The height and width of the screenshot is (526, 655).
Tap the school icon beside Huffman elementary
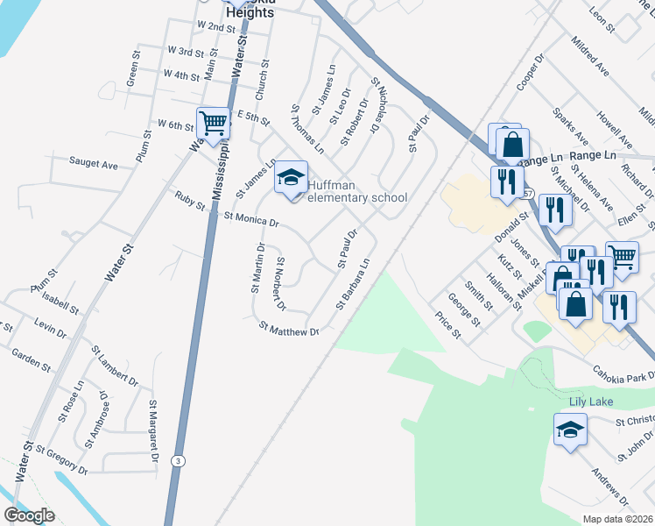point(291,179)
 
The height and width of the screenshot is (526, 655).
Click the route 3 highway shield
point(178,459)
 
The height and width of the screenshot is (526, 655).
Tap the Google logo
point(29,515)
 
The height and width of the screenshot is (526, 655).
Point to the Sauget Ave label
point(94,164)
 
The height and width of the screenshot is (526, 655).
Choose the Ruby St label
point(189,201)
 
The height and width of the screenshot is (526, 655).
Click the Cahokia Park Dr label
point(624,374)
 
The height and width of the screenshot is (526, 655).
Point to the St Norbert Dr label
point(281,284)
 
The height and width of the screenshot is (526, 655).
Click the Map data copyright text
point(616,519)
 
